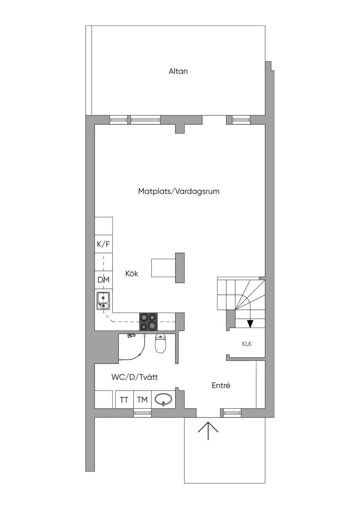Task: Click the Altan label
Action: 178,71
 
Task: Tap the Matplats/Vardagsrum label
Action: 179,191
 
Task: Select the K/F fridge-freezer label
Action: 103,244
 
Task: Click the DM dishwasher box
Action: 103,280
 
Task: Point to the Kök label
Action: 132,273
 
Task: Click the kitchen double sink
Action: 103,301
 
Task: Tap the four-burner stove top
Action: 148,321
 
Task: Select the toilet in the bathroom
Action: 160,344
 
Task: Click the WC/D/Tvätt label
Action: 135,377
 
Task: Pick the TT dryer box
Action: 124,400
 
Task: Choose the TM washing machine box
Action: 142,400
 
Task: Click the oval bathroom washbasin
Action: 163,399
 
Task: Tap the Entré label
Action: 221,385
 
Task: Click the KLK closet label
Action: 247,344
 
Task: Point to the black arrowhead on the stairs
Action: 250,324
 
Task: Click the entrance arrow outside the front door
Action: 208,430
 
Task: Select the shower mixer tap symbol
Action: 131,336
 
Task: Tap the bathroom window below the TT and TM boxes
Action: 142,413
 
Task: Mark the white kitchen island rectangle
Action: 163,268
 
